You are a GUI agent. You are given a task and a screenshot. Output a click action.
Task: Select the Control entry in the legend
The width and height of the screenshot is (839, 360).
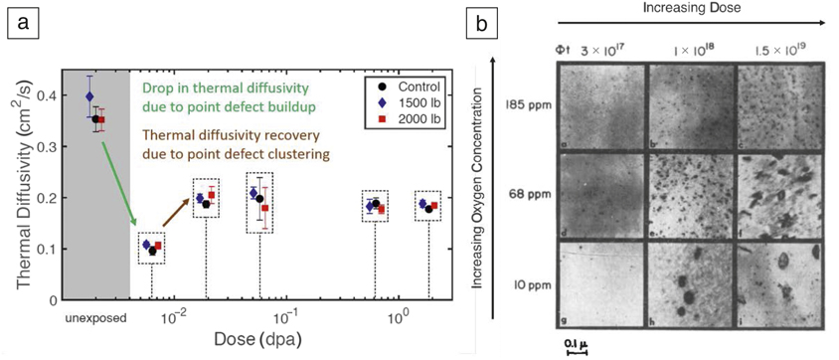click(x=411, y=88)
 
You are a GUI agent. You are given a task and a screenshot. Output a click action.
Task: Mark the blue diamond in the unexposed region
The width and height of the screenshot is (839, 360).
click(x=89, y=96)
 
